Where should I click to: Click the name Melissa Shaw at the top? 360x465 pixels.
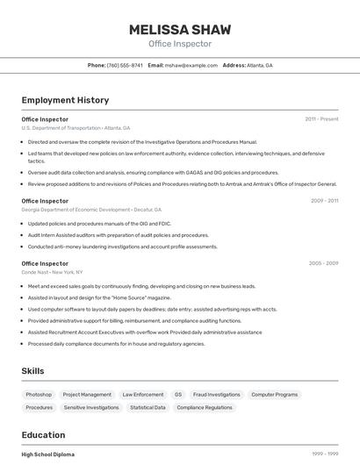[x=180, y=29]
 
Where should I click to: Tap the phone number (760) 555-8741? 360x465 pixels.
[x=125, y=65]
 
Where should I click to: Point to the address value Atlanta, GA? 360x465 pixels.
[x=260, y=65]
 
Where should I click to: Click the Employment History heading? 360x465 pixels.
[x=65, y=100]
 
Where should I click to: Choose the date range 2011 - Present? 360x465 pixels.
[x=321, y=118]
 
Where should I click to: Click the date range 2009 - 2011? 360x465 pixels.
[x=323, y=201]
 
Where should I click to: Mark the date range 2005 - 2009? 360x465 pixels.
[x=323, y=263]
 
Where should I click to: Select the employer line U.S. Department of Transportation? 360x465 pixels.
[x=76, y=127]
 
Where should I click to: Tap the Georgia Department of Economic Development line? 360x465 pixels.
[x=91, y=210]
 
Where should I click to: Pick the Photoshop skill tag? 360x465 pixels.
[x=39, y=395]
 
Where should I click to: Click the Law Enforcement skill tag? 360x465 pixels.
[x=142, y=395]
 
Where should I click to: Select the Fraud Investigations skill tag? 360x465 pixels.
[x=216, y=395]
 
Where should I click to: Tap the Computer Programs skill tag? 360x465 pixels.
[x=274, y=395]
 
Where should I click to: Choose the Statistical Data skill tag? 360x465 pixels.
[x=148, y=407]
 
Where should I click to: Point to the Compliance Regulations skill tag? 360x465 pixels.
[x=205, y=407]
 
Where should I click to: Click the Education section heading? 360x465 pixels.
[x=43, y=434]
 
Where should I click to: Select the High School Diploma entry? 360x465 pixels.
[x=48, y=454]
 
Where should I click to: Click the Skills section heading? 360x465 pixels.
[x=32, y=371]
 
